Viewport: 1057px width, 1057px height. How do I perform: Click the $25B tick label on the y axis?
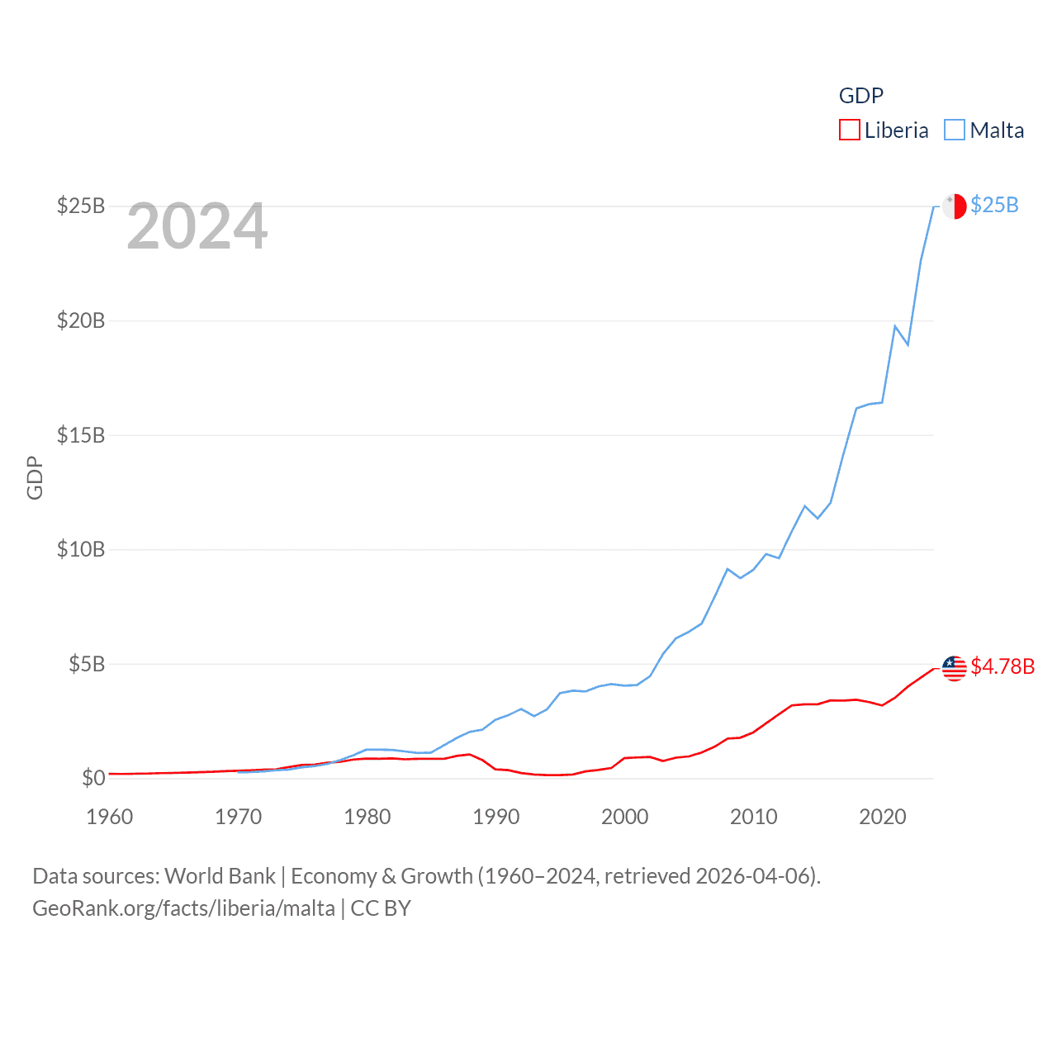click(81, 206)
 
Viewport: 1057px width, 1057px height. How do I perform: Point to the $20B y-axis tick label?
click(81, 320)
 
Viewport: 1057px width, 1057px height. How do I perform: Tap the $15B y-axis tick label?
click(81, 435)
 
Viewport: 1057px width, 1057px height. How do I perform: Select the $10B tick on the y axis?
click(81, 549)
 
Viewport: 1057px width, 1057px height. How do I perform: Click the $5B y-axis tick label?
click(87, 664)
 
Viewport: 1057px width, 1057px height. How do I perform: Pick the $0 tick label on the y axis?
click(93, 778)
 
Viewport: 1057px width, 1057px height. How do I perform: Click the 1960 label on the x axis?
click(110, 817)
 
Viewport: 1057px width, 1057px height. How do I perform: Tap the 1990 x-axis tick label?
click(496, 817)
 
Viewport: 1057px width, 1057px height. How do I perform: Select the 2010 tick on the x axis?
click(754, 817)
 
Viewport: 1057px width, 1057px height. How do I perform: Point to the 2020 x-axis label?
click(883, 817)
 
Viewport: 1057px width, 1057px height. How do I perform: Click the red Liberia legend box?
click(850, 130)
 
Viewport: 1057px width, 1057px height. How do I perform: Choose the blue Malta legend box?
click(955, 130)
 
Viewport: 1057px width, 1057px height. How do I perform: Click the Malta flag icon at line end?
click(955, 206)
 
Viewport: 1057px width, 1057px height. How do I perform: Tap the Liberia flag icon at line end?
click(955, 668)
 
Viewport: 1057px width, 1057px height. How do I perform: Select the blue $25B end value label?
click(994, 205)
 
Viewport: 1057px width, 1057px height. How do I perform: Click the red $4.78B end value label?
click(1002, 666)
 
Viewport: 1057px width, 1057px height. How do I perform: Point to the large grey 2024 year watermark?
click(197, 226)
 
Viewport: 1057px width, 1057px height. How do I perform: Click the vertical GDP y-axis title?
click(35, 477)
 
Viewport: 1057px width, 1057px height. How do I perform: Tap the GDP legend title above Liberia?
click(861, 96)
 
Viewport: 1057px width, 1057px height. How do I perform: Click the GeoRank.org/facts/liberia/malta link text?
click(184, 908)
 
